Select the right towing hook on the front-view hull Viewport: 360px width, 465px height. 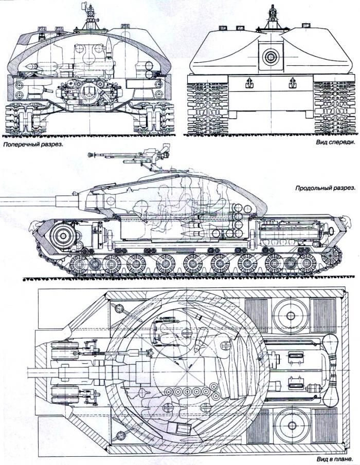(292, 82)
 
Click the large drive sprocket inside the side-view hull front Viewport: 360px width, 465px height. (62, 235)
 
